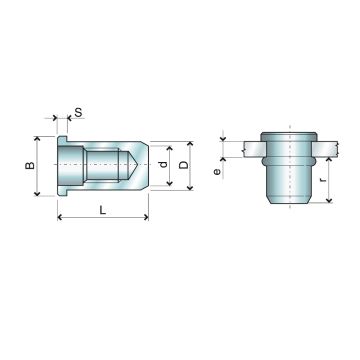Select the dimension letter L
[104, 208]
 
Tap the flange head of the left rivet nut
[61, 166]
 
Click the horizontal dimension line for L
[104, 219]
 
